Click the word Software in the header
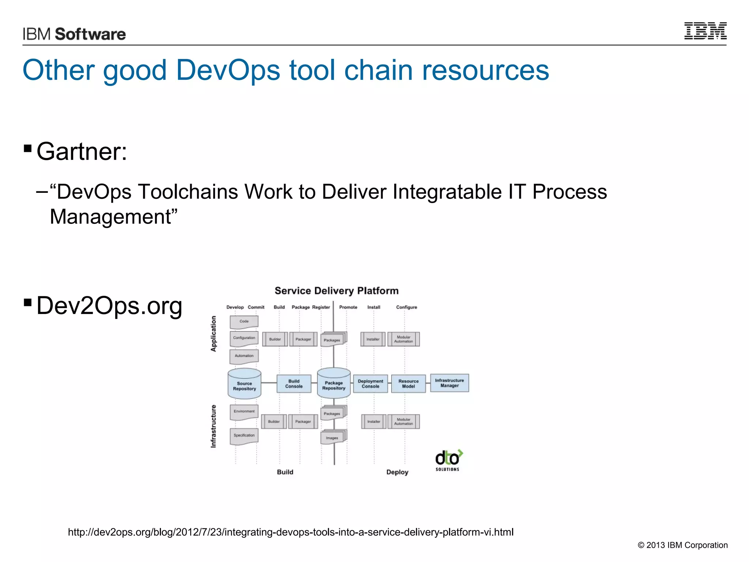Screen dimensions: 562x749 tap(90, 34)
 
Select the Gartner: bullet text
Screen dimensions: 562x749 tap(82, 151)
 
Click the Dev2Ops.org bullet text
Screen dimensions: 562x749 tap(109, 306)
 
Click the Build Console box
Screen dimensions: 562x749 tap(294, 383)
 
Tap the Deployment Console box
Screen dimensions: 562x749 tap(370, 383)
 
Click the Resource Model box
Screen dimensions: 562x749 tap(408, 383)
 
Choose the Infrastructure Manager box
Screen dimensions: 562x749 tap(449, 383)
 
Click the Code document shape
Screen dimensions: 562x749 tap(244, 322)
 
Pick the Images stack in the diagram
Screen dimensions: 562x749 tap(333, 437)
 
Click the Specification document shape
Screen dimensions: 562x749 tap(244, 436)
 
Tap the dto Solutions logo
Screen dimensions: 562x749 tap(448, 460)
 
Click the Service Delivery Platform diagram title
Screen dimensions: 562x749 tap(336, 291)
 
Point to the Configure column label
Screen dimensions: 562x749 tap(406, 307)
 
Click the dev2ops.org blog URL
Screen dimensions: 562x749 tap(291, 532)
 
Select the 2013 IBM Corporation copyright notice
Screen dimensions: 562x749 tap(682, 545)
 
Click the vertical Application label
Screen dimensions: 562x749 tap(214, 334)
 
